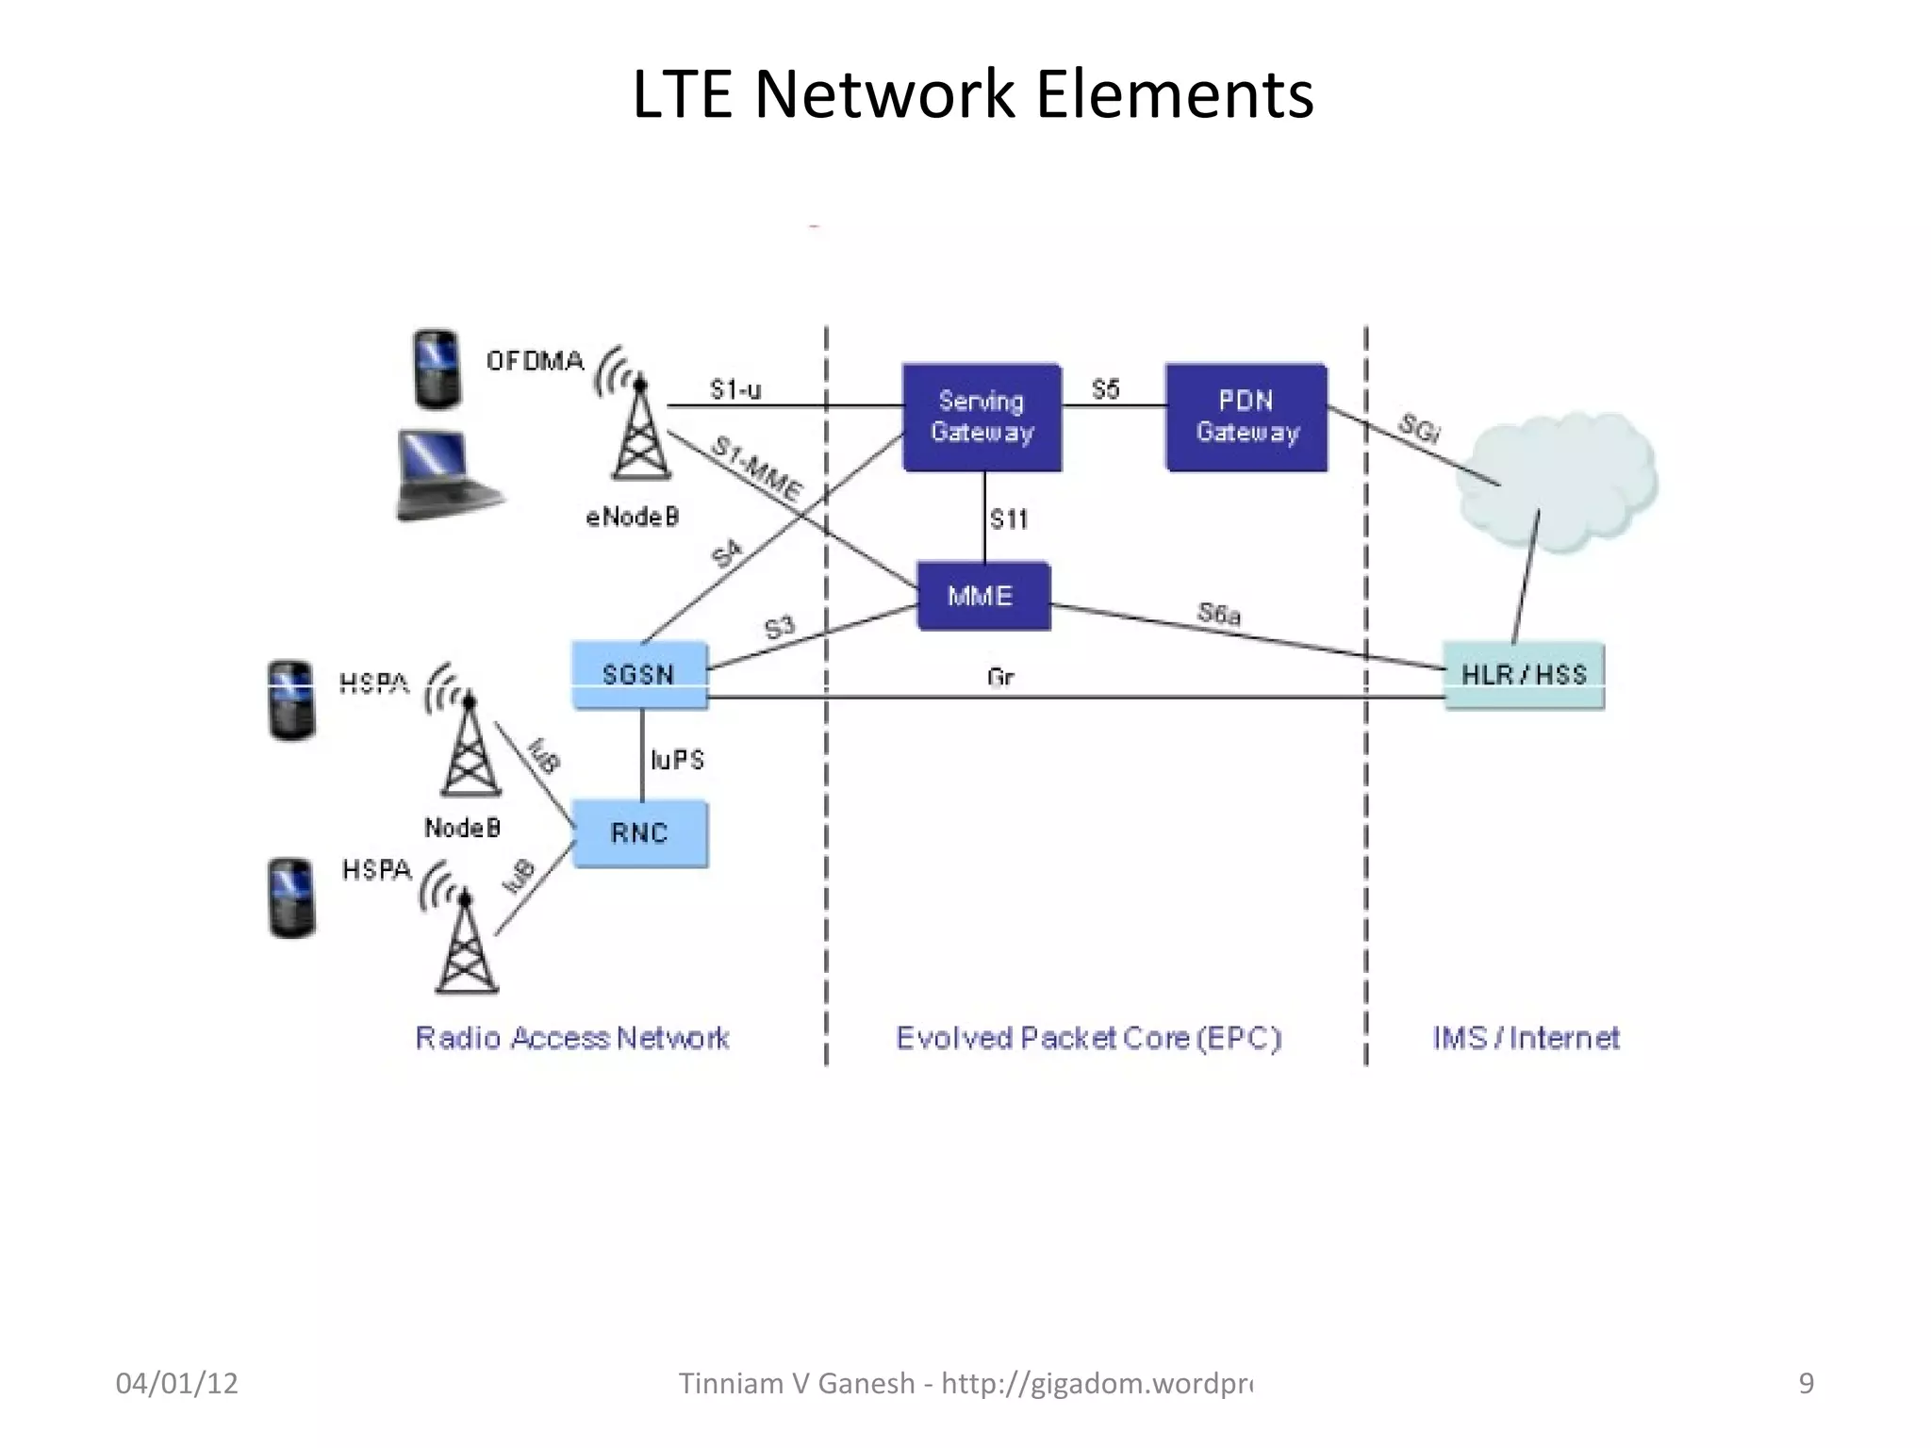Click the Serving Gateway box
tap(982, 417)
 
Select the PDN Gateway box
tap(1246, 417)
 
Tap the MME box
tap(982, 596)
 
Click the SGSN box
tap(639, 675)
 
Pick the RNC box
tap(639, 833)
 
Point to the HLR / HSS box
tap(1524, 675)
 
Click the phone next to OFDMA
tap(437, 369)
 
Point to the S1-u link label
tap(735, 389)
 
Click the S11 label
tap(1009, 518)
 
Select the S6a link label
tap(1219, 615)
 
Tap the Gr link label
tap(1000, 677)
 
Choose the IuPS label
tap(677, 760)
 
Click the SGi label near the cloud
tap(1418, 429)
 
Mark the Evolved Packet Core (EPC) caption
tap(1089, 1038)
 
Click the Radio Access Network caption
tap(572, 1038)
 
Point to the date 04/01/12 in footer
tap(176, 1383)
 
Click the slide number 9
tap(1806, 1383)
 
